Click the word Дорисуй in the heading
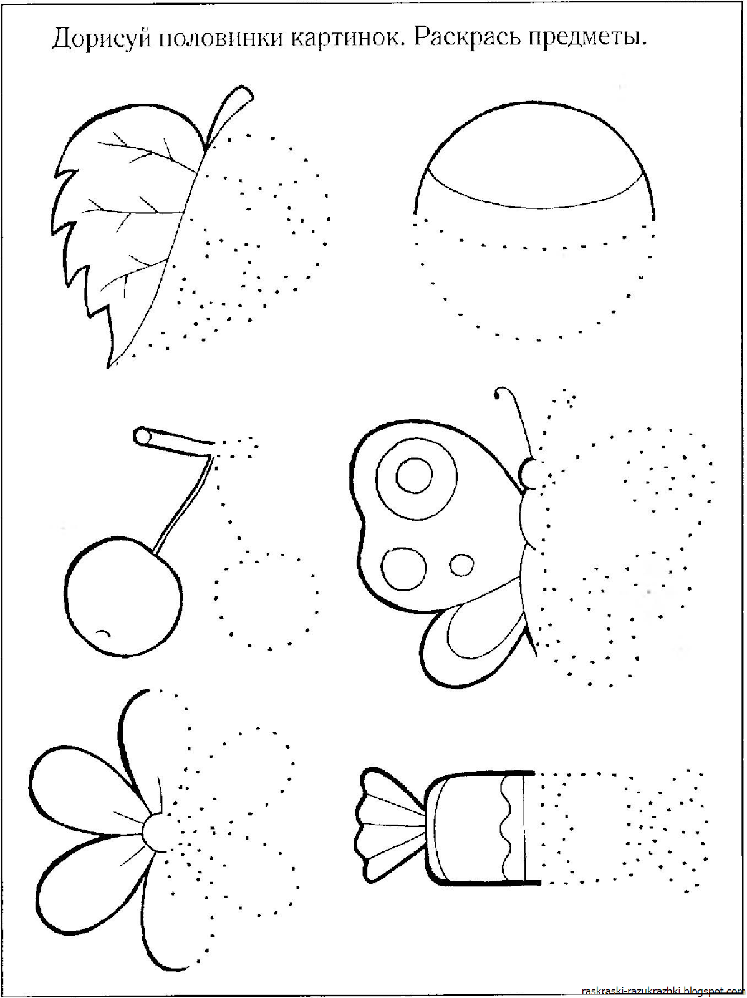point(101,39)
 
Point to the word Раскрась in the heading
point(466,39)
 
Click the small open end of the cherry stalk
point(141,435)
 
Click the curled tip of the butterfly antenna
point(499,394)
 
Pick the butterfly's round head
point(529,473)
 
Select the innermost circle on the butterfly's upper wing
point(414,475)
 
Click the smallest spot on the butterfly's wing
point(461,565)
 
